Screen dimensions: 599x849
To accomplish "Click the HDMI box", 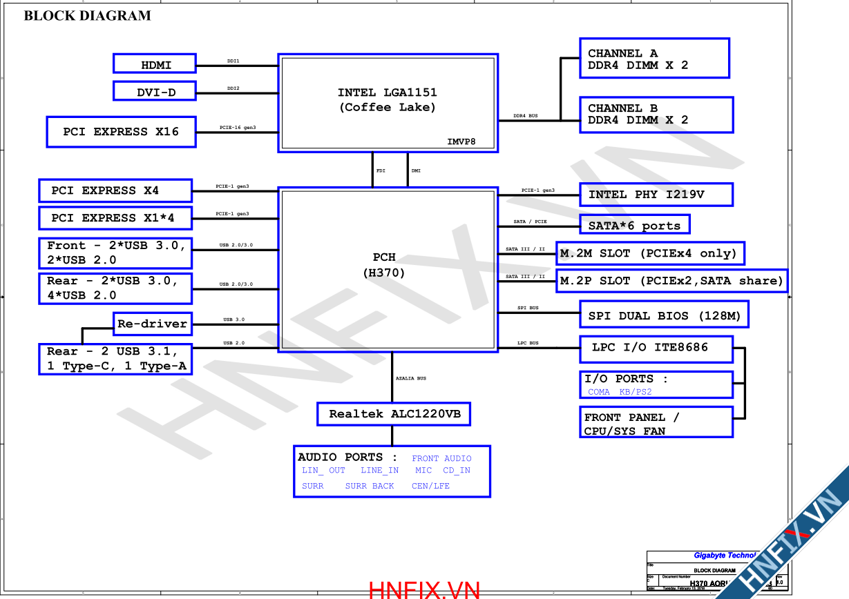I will click(155, 64).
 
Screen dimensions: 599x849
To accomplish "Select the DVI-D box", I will click(155, 90).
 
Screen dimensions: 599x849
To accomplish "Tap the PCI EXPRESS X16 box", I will click(121, 132).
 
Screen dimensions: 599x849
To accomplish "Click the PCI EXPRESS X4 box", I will click(115, 190).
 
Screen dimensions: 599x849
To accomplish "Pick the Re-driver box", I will click(152, 323).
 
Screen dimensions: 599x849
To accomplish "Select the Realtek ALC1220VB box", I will click(394, 414).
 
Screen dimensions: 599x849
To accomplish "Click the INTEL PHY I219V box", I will click(656, 195).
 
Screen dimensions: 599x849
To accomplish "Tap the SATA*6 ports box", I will click(634, 225).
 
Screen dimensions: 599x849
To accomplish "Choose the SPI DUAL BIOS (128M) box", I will click(664, 315).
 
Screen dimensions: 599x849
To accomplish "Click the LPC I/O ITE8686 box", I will click(656, 348).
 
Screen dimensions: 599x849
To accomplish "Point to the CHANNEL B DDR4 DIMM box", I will click(656, 115).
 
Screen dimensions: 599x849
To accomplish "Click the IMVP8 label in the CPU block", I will click(461, 142).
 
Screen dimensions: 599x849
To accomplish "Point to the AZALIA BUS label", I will click(411, 378).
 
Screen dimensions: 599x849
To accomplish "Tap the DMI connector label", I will click(416, 170).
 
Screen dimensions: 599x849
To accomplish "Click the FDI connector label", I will click(381, 170).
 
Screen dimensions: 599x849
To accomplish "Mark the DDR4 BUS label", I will click(525, 116).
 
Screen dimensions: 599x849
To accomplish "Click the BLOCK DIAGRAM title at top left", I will click(88, 16).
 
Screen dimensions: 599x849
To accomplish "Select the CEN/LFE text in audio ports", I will click(430, 486).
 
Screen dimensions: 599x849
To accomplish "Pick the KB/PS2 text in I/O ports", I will click(636, 392).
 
